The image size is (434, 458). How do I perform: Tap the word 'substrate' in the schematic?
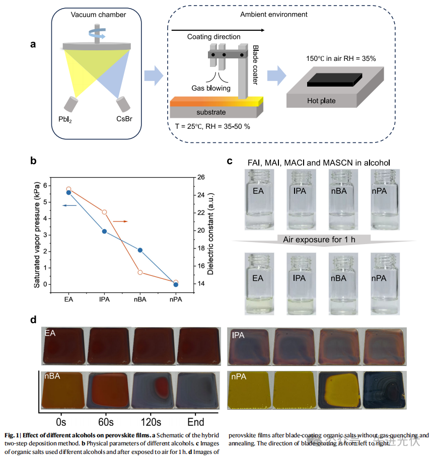click(211, 112)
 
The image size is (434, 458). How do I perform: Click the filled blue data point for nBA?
click(140, 250)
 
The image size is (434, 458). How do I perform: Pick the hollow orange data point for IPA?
click(104, 212)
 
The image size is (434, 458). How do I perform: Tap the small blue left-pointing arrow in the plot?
click(69, 205)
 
